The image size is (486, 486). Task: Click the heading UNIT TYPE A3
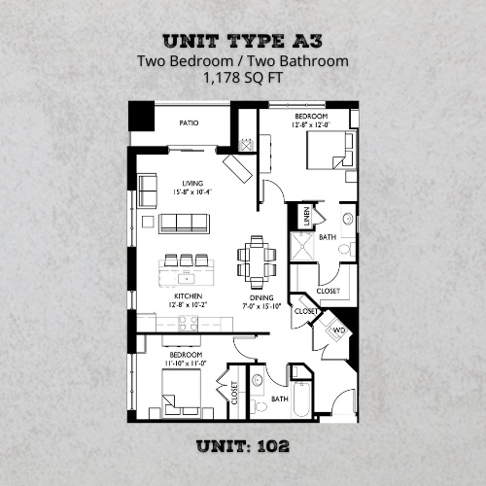point(243,42)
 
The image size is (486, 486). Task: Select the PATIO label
point(191,123)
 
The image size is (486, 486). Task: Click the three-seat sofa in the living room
point(184,224)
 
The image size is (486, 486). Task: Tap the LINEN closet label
point(307,217)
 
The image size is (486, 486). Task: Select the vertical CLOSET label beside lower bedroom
point(234,392)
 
